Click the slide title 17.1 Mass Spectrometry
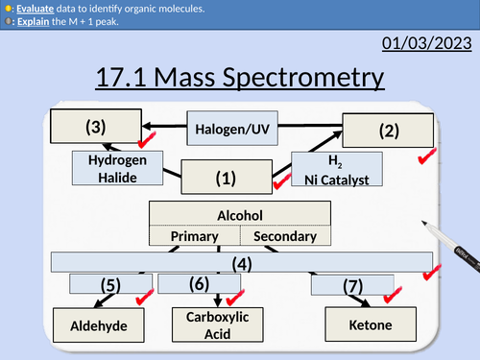pyautogui.click(x=239, y=78)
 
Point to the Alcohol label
pyautogui.click(x=240, y=215)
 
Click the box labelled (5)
pyautogui.click(x=111, y=285)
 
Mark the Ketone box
pyautogui.click(x=371, y=325)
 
